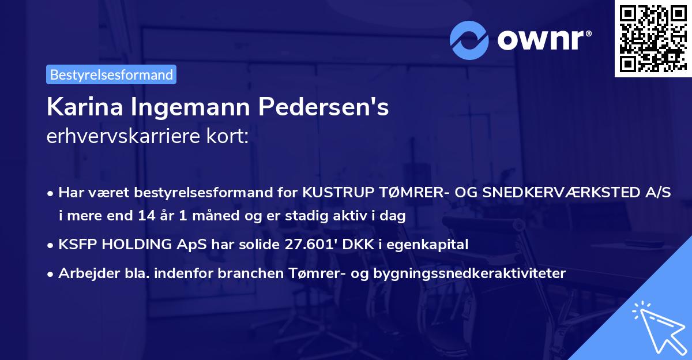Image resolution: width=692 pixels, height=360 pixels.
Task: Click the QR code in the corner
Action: coord(652,39)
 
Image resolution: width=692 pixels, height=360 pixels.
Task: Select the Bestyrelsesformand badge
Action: coord(111,74)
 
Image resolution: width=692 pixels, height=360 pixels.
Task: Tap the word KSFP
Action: coord(78,245)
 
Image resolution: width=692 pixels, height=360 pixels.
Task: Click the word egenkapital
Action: coord(432,245)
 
